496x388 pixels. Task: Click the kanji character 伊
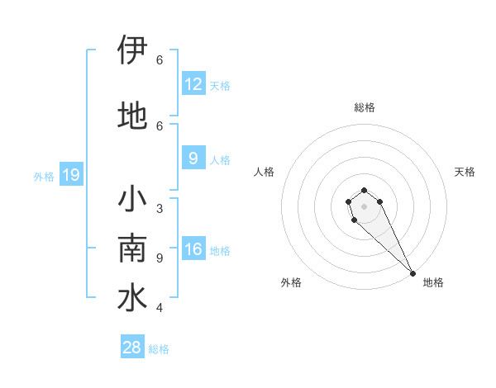(133, 50)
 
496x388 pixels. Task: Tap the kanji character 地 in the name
(133, 115)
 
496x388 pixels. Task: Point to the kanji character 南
(133, 248)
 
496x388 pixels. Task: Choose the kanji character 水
(133, 297)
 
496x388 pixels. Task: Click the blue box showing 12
(193, 84)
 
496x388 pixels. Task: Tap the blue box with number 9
(193, 159)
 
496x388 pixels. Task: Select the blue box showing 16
(193, 250)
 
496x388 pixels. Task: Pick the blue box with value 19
(71, 175)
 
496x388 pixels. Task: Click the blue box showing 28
(132, 348)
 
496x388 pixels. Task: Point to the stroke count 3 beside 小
(160, 209)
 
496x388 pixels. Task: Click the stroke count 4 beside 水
(160, 308)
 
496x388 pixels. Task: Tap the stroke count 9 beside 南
(160, 258)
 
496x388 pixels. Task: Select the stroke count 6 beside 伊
(160, 60)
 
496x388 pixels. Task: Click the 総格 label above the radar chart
(365, 107)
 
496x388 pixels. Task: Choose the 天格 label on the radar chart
(465, 172)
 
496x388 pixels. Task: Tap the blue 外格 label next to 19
(43, 176)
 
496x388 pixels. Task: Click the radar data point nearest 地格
(413, 272)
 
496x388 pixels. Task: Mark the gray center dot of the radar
(364, 206)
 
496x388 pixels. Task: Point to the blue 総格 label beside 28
(159, 349)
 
